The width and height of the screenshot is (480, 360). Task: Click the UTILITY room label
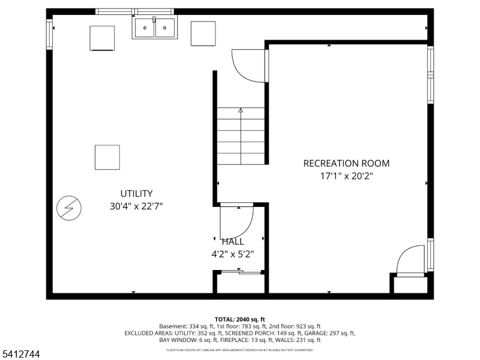[136, 193]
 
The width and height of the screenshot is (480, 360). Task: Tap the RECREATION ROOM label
[346, 163]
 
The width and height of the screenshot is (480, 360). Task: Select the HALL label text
[233, 242]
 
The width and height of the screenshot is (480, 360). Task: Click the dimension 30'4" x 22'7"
[136, 206]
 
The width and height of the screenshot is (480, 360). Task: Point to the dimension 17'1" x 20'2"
[346, 176]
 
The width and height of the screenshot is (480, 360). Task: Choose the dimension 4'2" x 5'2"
[233, 254]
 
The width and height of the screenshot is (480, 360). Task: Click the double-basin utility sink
[155, 28]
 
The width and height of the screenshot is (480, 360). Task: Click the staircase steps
[241, 136]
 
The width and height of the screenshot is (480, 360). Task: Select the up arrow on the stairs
[241, 110]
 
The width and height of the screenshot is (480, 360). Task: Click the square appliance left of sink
[102, 38]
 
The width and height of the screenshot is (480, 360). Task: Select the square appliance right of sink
[203, 34]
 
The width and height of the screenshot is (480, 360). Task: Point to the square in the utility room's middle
[107, 157]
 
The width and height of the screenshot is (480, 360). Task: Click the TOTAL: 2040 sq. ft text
[239, 319]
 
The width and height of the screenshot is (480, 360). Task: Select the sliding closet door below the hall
[241, 273]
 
